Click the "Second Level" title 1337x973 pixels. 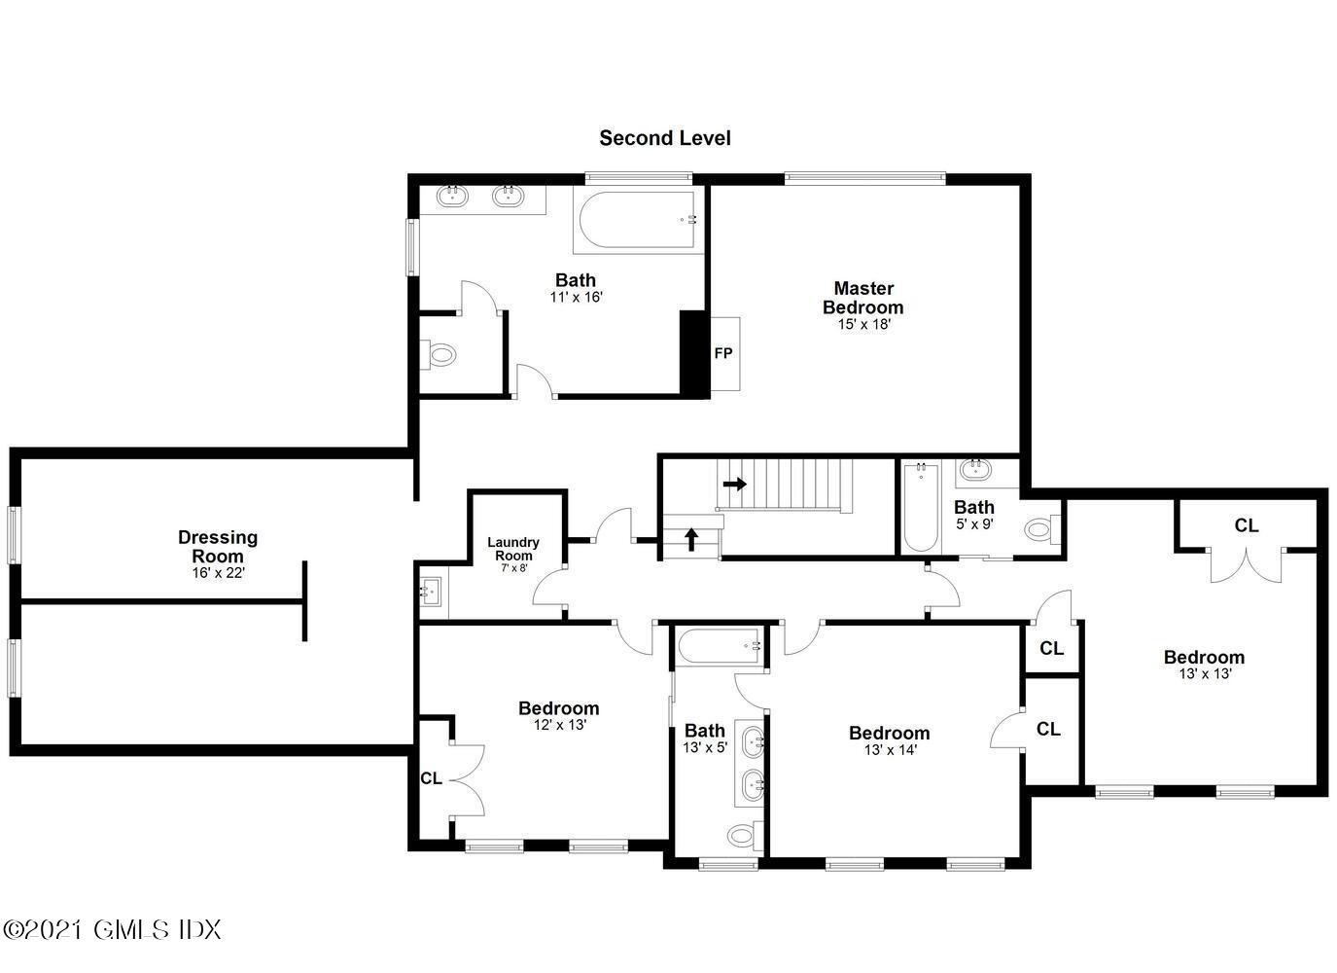point(664,138)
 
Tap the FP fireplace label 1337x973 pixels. point(722,353)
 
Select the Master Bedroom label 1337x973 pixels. point(862,297)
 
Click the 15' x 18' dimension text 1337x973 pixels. point(863,325)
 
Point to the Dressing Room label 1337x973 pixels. point(218,546)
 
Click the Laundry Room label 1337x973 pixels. point(513,549)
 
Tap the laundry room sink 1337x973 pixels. point(431,591)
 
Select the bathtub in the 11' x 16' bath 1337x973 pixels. point(638,222)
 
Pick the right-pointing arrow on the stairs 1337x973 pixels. point(734,484)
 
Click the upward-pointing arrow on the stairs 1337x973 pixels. point(691,538)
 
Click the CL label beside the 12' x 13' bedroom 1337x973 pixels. point(431,778)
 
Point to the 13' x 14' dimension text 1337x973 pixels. point(889,750)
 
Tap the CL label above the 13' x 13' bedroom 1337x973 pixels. point(1246,525)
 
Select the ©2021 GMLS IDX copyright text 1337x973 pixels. point(113,929)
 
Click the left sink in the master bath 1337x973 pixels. point(452,197)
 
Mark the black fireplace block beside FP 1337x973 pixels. point(692,352)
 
